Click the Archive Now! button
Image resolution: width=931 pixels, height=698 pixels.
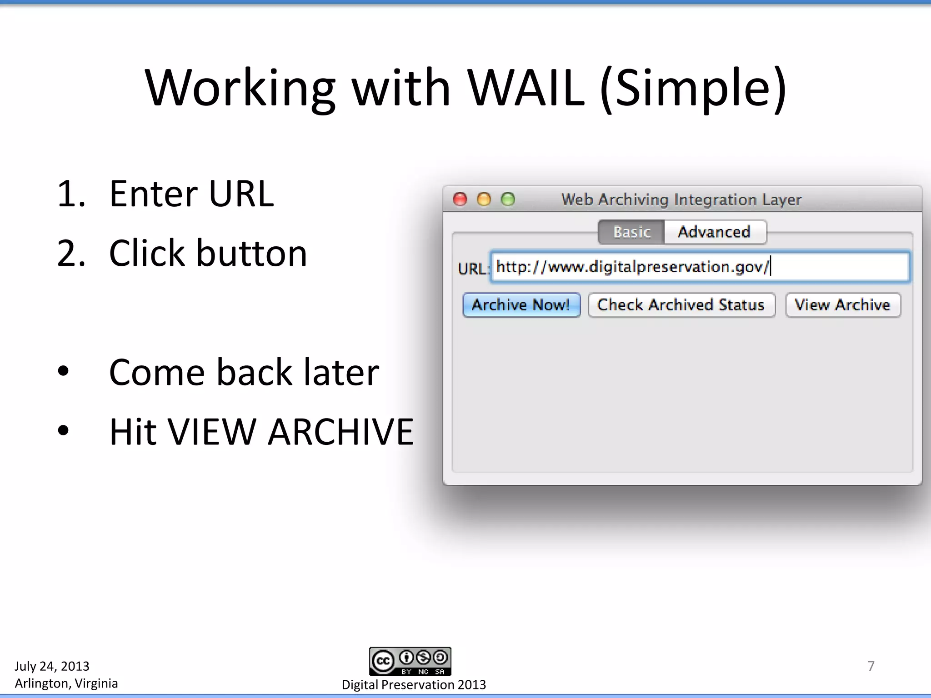pyautogui.click(x=521, y=305)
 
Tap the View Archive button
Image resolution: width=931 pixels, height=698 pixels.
pyautogui.click(x=842, y=305)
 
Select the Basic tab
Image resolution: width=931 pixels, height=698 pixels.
pyautogui.click(x=631, y=232)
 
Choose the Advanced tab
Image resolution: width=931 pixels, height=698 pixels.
pyautogui.click(x=714, y=232)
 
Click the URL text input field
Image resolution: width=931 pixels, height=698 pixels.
pyautogui.click(x=700, y=267)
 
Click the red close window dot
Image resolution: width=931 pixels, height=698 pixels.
pyautogui.click(x=460, y=199)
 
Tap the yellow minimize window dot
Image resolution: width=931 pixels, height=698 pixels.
pyautogui.click(x=484, y=199)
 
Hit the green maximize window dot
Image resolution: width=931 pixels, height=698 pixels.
pyautogui.click(x=508, y=199)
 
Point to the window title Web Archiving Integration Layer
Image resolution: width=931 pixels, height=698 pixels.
pyautogui.click(x=681, y=199)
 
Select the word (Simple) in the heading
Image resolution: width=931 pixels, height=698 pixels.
pyautogui.click(x=693, y=89)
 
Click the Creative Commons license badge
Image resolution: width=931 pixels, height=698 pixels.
pyautogui.click(x=410, y=661)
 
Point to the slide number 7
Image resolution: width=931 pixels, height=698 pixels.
pyautogui.click(x=871, y=666)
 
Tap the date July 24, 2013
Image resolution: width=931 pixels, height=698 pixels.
pyautogui.click(x=52, y=666)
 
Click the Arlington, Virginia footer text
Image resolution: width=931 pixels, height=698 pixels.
pyautogui.click(x=66, y=683)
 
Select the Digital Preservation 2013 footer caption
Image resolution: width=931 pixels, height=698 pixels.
pyautogui.click(x=414, y=685)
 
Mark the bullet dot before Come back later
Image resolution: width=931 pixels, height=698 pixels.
pyautogui.click(x=64, y=371)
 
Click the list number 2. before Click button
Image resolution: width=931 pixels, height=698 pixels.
pyautogui.click(x=71, y=254)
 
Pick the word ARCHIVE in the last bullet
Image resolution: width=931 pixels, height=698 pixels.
pyautogui.click(x=340, y=432)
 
